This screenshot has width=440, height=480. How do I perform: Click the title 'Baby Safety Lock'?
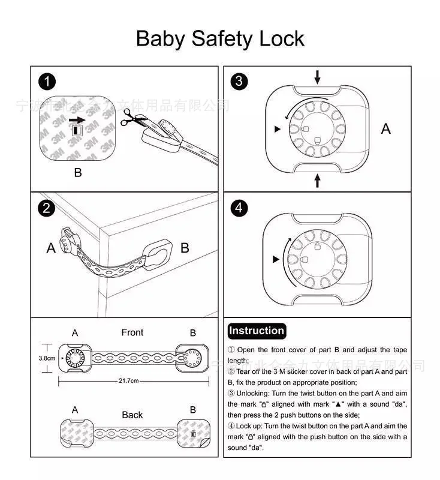[220, 38]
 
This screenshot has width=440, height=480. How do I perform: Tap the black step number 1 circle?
[47, 82]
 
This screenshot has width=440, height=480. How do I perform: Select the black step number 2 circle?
[47, 208]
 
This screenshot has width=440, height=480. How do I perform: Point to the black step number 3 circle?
[240, 82]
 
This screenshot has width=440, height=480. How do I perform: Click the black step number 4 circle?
[240, 208]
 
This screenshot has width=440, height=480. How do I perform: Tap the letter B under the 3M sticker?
[78, 173]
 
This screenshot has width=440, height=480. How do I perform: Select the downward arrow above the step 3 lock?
[317, 77]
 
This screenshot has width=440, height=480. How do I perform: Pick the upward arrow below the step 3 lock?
[317, 179]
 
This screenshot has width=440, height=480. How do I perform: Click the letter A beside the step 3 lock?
[386, 128]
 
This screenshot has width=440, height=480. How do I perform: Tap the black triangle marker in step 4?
[276, 259]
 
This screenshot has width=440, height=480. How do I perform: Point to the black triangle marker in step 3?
[276, 129]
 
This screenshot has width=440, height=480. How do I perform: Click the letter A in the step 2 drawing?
[51, 248]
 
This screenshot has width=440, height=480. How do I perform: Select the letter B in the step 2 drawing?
[185, 248]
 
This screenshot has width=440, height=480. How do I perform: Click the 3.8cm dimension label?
[47, 358]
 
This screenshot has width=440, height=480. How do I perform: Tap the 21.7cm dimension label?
[128, 380]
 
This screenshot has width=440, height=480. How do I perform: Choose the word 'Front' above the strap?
[132, 332]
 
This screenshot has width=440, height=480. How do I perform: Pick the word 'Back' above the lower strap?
[132, 415]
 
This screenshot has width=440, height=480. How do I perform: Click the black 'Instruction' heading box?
[257, 331]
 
